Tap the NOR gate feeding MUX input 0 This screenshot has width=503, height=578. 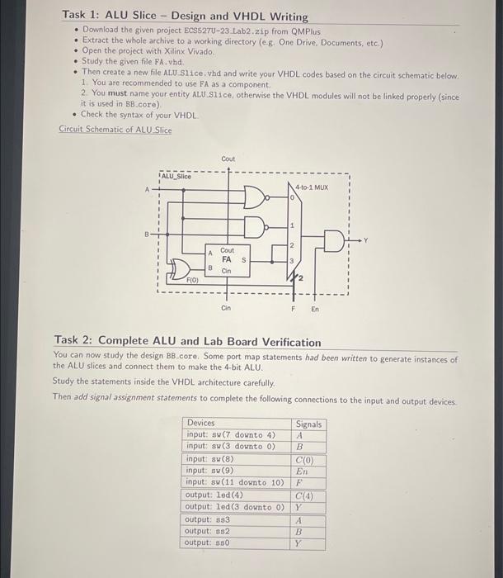pyautogui.click(x=256, y=198)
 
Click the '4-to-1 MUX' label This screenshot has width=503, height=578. pyautogui.click(x=312, y=187)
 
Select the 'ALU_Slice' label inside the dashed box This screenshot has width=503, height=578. pyautogui.click(x=176, y=176)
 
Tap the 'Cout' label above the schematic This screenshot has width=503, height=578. pyautogui.click(x=228, y=159)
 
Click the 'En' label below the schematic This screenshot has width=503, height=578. pyautogui.click(x=314, y=309)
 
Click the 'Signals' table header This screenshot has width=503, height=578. pyautogui.click(x=309, y=424)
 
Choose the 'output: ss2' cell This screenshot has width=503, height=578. pyautogui.click(x=208, y=531)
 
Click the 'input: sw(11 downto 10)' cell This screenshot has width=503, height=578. pyautogui.click(x=235, y=481)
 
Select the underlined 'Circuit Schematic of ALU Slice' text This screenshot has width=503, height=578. pyautogui.click(x=115, y=130)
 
